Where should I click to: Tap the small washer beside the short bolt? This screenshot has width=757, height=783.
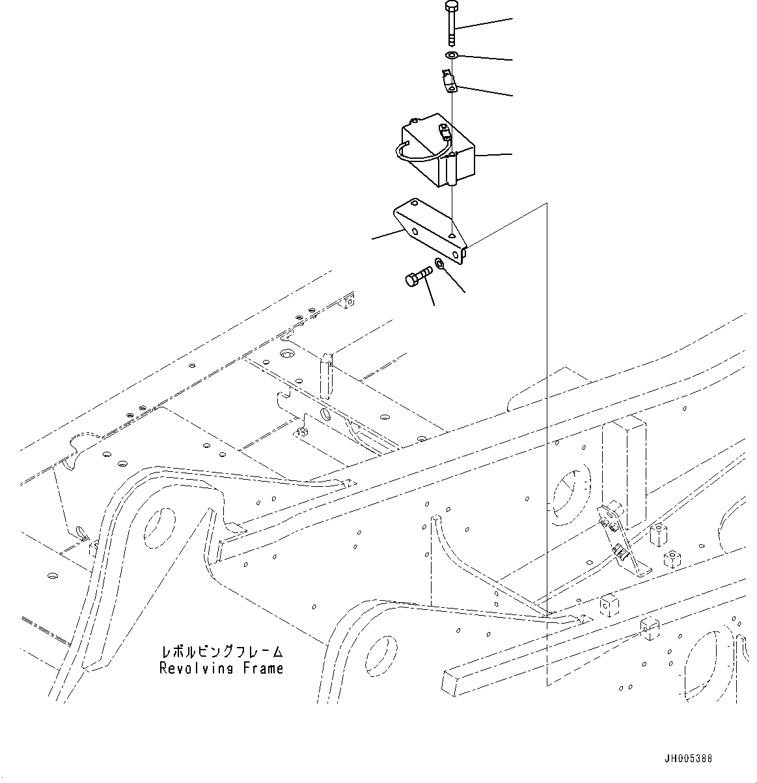tap(439, 264)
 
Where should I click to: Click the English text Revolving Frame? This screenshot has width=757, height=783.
tap(221, 668)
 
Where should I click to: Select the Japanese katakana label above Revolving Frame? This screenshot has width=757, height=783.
tap(221, 652)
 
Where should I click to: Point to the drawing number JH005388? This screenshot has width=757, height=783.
tap(688, 758)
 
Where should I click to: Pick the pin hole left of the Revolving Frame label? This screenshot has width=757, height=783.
tap(377, 655)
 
